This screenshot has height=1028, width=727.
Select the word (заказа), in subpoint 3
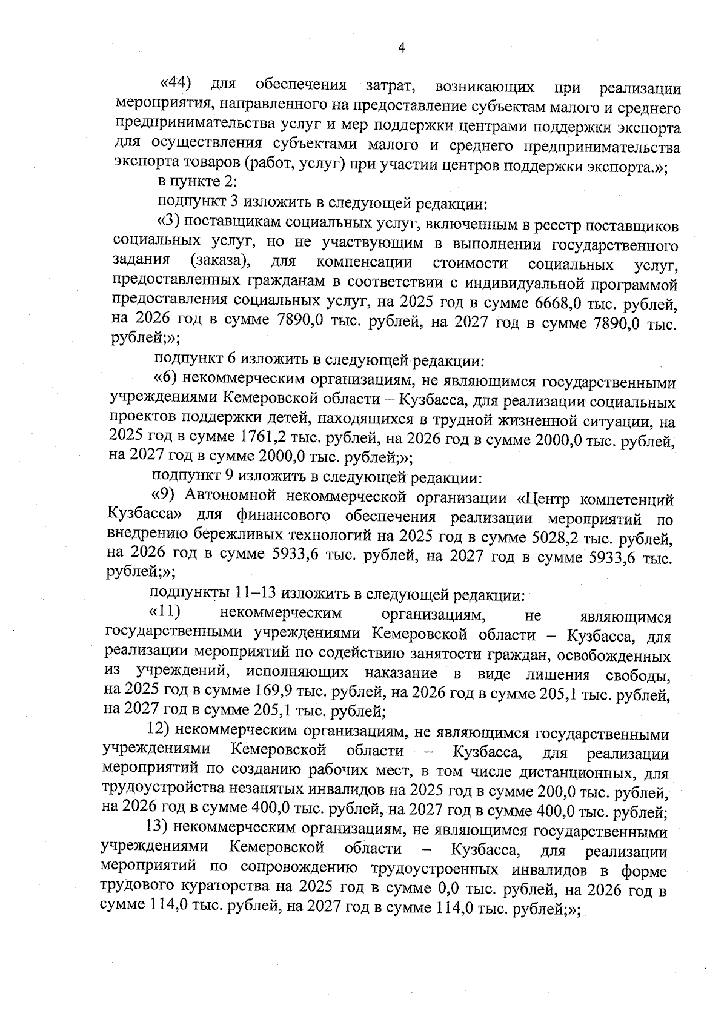(217, 262)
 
